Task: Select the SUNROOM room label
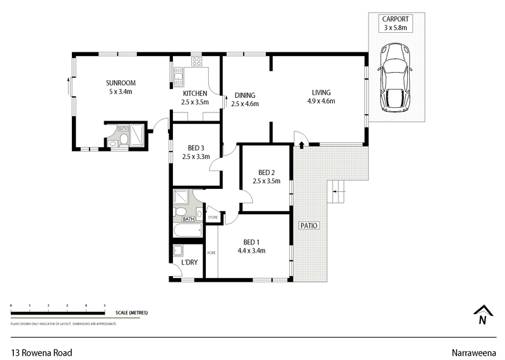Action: [x=121, y=83]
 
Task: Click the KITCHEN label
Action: [x=195, y=93]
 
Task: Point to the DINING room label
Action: [x=244, y=95]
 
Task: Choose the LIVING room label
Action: [x=321, y=92]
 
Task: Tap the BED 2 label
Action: [x=268, y=172]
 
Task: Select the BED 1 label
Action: [x=251, y=242]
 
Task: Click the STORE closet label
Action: [x=213, y=218]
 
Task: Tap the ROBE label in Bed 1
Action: [x=211, y=253]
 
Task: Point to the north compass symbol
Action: [x=482, y=314]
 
